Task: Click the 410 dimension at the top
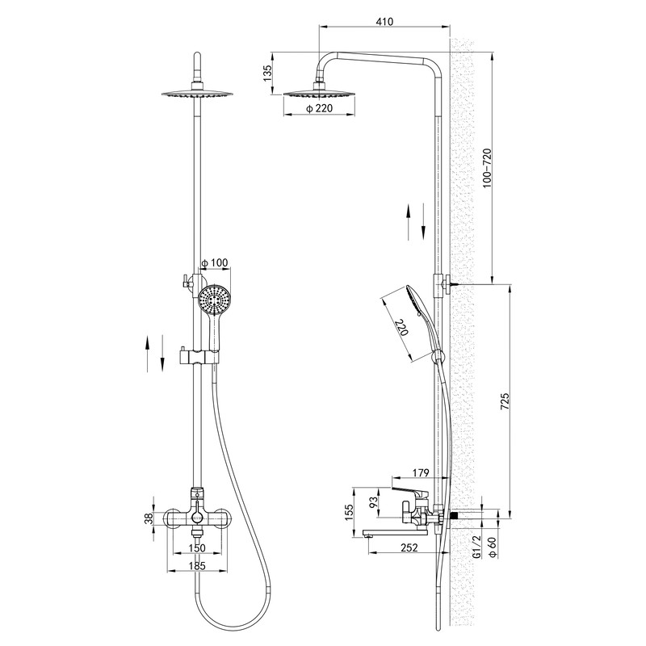(x=384, y=21)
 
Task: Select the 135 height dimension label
(x=268, y=73)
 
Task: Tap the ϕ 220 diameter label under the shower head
(x=319, y=108)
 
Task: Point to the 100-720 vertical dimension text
(x=487, y=168)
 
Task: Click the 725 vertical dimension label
(x=505, y=401)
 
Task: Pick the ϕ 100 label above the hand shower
(x=214, y=263)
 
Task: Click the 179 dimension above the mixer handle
(x=421, y=472)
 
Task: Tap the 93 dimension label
(x=373, y=501)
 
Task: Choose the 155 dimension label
(x=350, y=513)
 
